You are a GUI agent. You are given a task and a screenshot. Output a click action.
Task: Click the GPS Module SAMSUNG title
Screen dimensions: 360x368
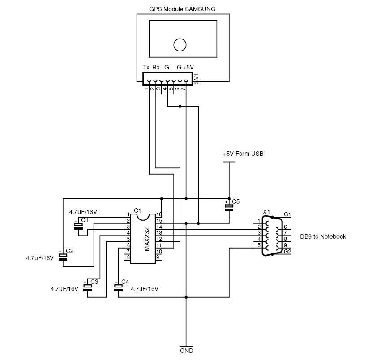(x=182, y=9)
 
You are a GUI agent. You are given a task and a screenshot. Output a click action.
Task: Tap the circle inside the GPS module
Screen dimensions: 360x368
(x=180, y=44)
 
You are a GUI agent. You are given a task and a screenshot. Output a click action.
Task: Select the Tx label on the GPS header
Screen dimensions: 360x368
(x=146, y=67)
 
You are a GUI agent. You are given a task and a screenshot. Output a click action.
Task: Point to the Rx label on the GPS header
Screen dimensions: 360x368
(x=156, y=67)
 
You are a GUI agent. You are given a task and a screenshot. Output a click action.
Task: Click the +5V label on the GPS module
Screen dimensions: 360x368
(x=188, y=67)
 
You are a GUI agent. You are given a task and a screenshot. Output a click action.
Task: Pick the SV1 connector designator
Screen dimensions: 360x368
(x=196, y=79)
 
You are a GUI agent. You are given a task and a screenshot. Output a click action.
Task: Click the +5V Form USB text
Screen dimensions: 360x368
(x=243, y=154)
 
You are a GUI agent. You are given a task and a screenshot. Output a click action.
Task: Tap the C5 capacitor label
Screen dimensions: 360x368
(x=236, y=202)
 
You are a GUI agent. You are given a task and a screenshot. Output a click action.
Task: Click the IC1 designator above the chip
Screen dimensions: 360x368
(x=137, y=210)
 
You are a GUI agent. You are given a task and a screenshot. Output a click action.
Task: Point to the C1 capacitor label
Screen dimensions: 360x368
(x=85, y=220)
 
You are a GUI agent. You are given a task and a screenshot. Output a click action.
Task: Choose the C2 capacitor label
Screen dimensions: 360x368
(x=69, y=250)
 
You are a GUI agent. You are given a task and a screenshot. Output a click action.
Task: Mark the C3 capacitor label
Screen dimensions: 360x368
(x=94, y=282)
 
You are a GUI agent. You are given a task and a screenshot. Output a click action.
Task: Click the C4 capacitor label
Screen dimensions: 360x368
(x=125, y=282)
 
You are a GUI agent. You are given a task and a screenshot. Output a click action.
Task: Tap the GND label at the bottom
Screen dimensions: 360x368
(x=186, y=351)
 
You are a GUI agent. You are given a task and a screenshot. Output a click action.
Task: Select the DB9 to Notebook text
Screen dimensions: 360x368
(x=323, y=236)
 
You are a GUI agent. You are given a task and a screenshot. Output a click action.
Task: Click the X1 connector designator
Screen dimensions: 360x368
(x=266, y=211)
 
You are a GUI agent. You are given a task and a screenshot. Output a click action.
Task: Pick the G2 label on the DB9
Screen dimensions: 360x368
(x=287, y=252)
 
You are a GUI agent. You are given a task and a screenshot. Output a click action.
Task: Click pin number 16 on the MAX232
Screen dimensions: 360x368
(x=158, y=215)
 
